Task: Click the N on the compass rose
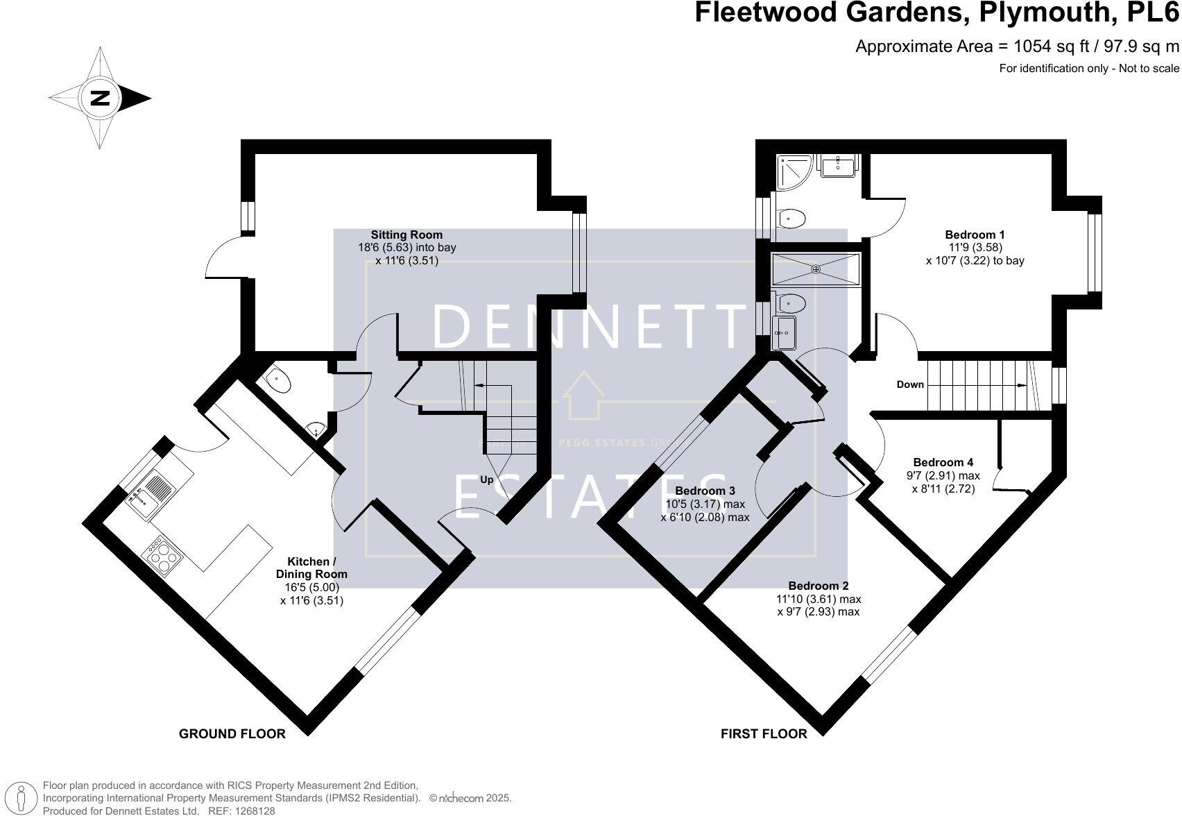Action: pyautogui.click(x=101, y=98)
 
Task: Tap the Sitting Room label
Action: pyautogui.click(x=406, y=235)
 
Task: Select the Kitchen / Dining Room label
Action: pyautogui.click(x=311, y=568)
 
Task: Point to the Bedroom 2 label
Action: pyautogui.click(x=818, y=586)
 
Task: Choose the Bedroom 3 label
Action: pyautogui.click(x=705, y=491)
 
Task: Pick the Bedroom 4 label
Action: pyautogui.click(x=943, y=462)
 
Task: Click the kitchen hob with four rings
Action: pyautogui.click(x=162, y=556)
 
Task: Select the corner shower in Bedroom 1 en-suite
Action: pyautogui.click(x=794, y=171)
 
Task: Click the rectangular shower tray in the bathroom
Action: pyautogui.click(x=816, y=269)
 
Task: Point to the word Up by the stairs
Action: pyautogui.click(x=487, y=479)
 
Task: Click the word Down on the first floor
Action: pyautogui.click(x=910, y=384)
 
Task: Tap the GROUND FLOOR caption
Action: pyautogui.click(x=232, y=733)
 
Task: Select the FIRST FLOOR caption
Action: pyautogui.click(x=764, y=733)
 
